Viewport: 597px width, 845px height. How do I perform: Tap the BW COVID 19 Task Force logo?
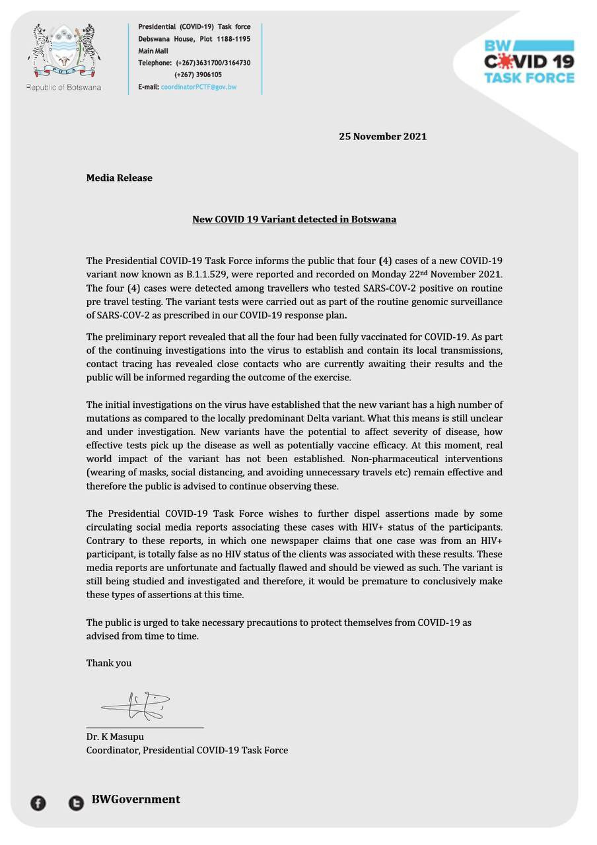coord(529,62)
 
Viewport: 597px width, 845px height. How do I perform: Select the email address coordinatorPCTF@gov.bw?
coord(198,87)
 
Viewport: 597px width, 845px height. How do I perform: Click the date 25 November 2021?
coord(382,137)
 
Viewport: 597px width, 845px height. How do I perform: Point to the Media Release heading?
coord(119,178)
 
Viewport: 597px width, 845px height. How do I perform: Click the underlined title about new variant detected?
coord(294,219)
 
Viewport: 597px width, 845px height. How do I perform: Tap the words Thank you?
coord(108,663)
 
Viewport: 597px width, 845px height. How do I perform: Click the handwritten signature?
coord(136,706)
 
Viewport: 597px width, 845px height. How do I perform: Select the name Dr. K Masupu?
coord(115,737)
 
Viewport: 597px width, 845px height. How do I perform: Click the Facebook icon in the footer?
coord(38,803)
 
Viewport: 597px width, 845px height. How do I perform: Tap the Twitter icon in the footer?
coord(76,803)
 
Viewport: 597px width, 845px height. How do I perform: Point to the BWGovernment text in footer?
coord(135,799)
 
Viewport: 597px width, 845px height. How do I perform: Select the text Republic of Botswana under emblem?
coord(63,87)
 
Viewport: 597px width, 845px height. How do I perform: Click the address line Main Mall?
coord(153,51)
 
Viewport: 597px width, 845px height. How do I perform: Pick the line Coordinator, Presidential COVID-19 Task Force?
coord(187,750)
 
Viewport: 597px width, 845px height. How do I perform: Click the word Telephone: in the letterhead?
coord(155,63)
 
